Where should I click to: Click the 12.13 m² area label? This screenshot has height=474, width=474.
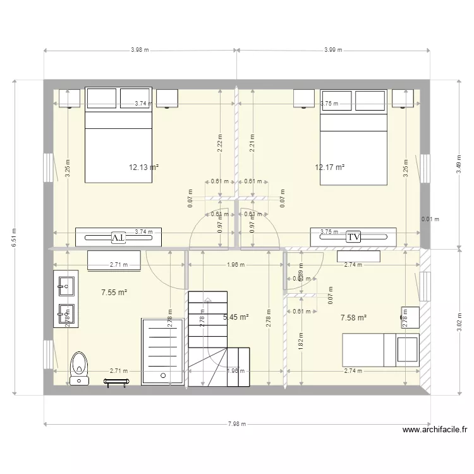pyautogui.click(x=143, y=167)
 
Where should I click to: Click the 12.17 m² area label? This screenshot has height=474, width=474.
pyautogui.click(x=329, y=167)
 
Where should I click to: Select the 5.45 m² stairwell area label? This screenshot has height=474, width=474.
pyautogui.click(x=236, y=317)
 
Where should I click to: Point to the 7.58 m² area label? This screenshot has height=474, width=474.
pyautogui.click(x=353, y=318)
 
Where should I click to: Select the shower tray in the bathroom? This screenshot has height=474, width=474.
pyautogui.click(x=163, y=351)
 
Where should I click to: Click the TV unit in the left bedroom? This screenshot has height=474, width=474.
pyautogui.click(x=118, y=237)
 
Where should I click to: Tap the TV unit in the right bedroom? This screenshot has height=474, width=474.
pyautogui.click(x=353, y=236)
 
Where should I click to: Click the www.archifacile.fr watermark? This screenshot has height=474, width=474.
pyautogui.click(x=435, y=431)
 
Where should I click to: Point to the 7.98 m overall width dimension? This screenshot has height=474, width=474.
pyautogui.click(x=237, y=425)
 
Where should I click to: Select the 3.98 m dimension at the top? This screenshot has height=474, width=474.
pyautogui.click(x=140, y=50)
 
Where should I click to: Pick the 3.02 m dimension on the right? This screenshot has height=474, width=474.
pyautogui.click(x=459, y=322)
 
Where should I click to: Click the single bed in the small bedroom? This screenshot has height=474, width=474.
pyautogui.click(x=381, y=349)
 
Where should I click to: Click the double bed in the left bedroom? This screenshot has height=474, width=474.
pyautogui.click(x=118, y=135)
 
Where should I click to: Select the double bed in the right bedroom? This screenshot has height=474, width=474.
pyautogui.click(x=353, y=137)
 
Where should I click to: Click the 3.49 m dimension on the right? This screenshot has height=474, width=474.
pyautogui.click(x=459, y=164)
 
